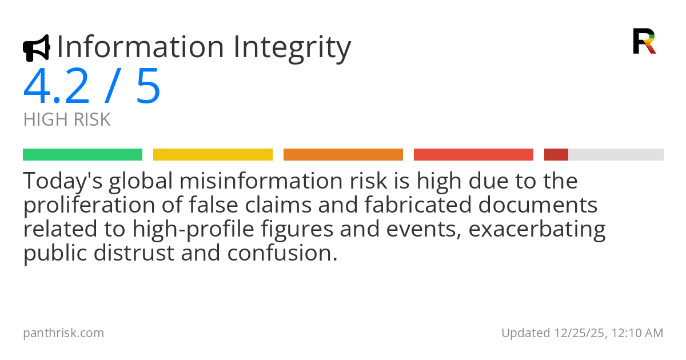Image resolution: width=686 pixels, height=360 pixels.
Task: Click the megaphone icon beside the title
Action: pos(36,48)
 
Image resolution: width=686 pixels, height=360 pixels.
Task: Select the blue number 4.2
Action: pos(57,87)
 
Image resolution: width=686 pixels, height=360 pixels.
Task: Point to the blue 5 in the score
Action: pos(148,87)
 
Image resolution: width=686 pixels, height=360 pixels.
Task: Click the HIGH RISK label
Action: pos(67,120)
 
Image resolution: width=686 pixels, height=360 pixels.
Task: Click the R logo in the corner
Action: pos(644,41)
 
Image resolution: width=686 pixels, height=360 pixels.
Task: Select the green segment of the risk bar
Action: pos(82,155)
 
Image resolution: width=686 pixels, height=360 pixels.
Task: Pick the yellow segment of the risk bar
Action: pos(213,155)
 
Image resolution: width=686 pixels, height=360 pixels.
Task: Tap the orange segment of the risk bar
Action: pos(343,155)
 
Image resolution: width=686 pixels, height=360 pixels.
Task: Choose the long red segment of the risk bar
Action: pos(473,155)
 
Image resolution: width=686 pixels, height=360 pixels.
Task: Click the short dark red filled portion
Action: pos(556,155)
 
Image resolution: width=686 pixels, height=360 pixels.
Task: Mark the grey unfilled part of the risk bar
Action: pos(616,155)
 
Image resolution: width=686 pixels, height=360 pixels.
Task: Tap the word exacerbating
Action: pos(538,229)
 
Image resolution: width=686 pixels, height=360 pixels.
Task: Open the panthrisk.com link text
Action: pos(63,333)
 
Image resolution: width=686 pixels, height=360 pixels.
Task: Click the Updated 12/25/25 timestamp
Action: pos(582,333)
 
